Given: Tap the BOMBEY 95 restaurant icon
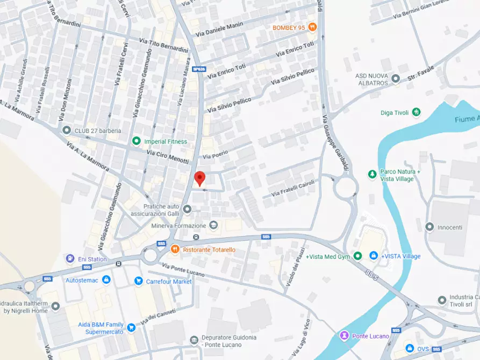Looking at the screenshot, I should (312, 27).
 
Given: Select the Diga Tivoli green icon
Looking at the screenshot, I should (415, 112).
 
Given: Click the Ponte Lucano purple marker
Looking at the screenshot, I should (344, 336).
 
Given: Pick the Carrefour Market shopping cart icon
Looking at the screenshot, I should (138, 281).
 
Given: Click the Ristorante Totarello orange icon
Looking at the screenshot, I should (175, 249).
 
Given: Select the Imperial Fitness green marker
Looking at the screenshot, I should (137, 141).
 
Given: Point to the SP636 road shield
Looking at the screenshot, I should (199, 69).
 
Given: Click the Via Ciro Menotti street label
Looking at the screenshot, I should (168, 157).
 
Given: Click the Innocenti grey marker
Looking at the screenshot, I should (429, 227).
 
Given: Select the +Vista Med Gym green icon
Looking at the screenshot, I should (357, 256).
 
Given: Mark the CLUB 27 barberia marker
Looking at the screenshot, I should (66, 130).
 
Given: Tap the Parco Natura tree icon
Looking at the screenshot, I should (372, 174).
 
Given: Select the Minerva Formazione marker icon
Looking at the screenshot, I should (213, 225).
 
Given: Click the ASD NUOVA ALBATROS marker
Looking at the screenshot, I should (396, 79).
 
